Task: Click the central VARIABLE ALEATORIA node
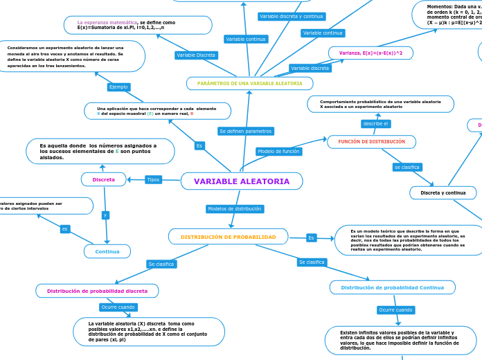[x=242, y=181]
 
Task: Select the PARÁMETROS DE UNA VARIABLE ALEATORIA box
[x=249, y=83]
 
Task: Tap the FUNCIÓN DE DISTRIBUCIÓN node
[x=371, y=141]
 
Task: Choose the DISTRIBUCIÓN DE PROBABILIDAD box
[x=228, y=237]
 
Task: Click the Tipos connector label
[x=153, y=180]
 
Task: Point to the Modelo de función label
[x=278, y=151]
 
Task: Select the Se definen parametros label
[x=245, y=131]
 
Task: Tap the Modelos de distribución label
[x=234, y=208]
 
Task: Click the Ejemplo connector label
[x=118, y=87]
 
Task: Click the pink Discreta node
[x=103, y=179]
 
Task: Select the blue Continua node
[x=107, y=251]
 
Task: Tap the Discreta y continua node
[x=443, y=192]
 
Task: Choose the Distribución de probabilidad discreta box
[x=97, y=291]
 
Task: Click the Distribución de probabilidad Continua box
[x=393, y=287]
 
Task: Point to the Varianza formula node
[x=371, y=53]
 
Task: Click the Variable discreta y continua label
[x=291, y=16]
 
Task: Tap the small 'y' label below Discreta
[x=105, y=215]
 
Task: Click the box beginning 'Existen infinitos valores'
[x=400, y=340]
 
